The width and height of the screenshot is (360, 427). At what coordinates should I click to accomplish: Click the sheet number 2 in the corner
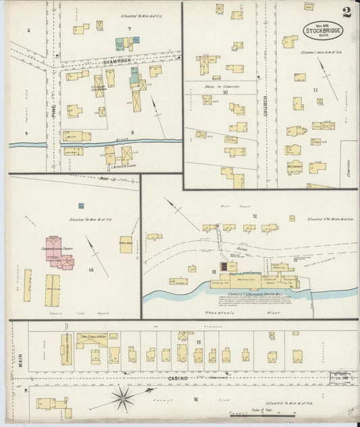pos(346,11)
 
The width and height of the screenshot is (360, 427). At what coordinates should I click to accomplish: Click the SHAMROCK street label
pos(116,61)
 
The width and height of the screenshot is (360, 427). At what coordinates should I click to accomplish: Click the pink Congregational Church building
pos(59,252)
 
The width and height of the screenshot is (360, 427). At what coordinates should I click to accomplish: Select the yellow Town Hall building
pos(126,245)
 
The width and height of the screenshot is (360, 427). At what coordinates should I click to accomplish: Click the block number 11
pos(315,90)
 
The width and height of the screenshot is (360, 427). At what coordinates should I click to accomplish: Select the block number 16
pos(195,399)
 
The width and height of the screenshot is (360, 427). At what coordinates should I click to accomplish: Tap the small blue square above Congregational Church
pos(81,205)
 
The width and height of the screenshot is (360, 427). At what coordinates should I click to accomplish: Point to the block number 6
pos(29,31)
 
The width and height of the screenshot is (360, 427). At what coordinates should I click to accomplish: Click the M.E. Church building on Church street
pos(294,166)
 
